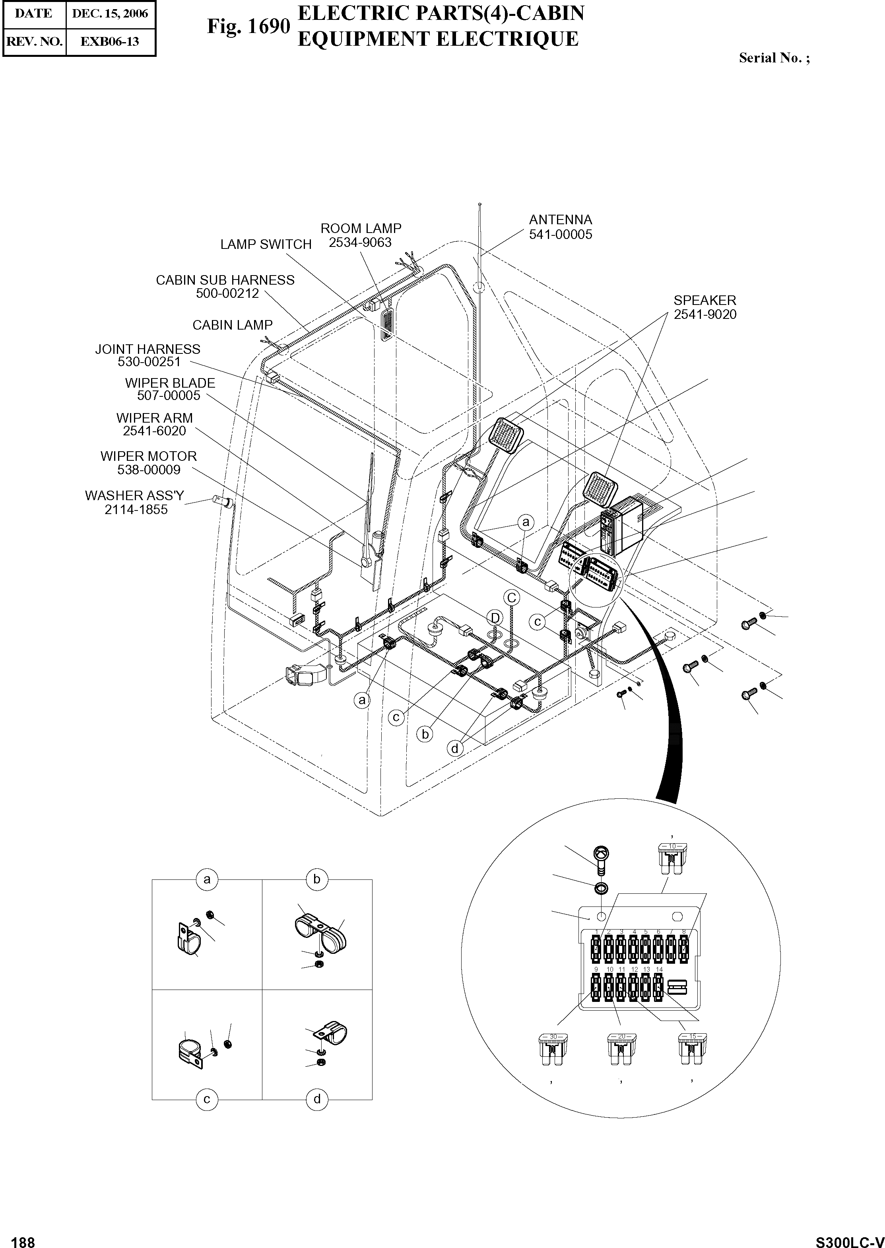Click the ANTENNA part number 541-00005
(560, 235)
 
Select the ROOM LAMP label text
(360, 228)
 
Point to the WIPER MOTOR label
(148, 456)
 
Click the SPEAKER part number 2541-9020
(705, 314)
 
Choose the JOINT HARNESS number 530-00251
(149, 362)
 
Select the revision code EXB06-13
(110, 41)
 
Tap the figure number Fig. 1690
(248, 26)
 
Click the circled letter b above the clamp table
(316, 879)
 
